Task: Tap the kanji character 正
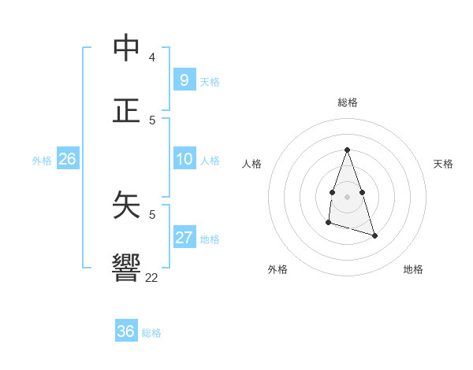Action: [x=127, y=109]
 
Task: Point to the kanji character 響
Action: [x=127, y=267]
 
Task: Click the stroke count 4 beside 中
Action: [x=152, y=57]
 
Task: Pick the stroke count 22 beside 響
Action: [x=152, y=277]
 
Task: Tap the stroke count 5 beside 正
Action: [x=152, y=120]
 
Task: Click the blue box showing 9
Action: [x=184, y=80]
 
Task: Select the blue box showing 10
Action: [x=184, y=159]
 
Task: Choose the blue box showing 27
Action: [x=184, y=238]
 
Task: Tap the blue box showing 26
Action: [x=67, y=159]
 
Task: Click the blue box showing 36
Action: [x=126, y=331]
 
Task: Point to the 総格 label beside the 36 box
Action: [x=151, y=333]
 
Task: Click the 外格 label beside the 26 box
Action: [x=42, y=161]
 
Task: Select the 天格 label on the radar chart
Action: [x=444, y=164]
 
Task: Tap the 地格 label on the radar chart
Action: [x=413, y=269]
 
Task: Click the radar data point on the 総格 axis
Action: [x=347, y=150]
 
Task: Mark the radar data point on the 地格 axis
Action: [x=374, y=235]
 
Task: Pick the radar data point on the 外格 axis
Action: [x=328, y=223]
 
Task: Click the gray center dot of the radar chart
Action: [x=347, y=196]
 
